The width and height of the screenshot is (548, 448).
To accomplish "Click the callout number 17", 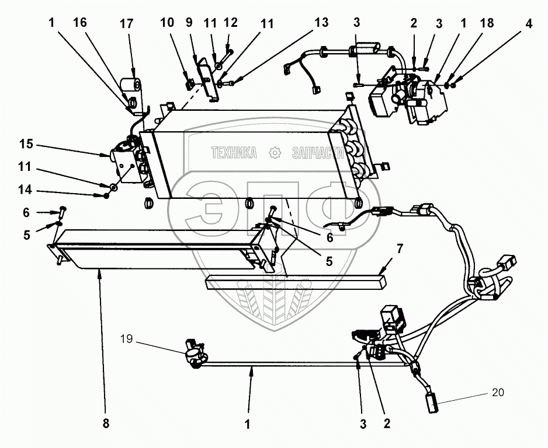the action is (x=127, y=24).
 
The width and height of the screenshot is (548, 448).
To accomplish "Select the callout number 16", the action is (x=79, y=22).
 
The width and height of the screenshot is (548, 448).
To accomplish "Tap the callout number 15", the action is (x=26, y=143).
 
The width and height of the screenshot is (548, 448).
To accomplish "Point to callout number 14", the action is (x=25, y=190).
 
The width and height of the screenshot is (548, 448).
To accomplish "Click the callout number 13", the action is (x=321, y=22).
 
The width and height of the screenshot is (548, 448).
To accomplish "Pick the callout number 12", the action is (x=231, y=22).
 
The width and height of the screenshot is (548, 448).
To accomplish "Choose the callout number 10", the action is (x=167, y=22).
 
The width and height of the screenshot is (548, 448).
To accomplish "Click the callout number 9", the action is (x=189, y=22).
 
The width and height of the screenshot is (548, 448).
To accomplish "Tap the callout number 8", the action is (x=106, y=423).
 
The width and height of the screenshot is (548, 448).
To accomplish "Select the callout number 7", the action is (x=400, y=249).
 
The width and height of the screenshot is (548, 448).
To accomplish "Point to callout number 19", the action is (x=127, y=338).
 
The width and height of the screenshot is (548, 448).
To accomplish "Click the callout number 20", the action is (x=498, y=393).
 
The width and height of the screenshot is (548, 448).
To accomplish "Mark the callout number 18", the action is (x=487, y=23).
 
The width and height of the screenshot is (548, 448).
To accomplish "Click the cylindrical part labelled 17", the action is (x=131, y=85).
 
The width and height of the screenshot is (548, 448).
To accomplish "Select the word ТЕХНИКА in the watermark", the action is (x=234, y=152).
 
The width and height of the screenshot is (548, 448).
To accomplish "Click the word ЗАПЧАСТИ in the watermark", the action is (x=318, y=152).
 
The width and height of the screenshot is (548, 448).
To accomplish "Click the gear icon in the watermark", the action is (x=275, y=153).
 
